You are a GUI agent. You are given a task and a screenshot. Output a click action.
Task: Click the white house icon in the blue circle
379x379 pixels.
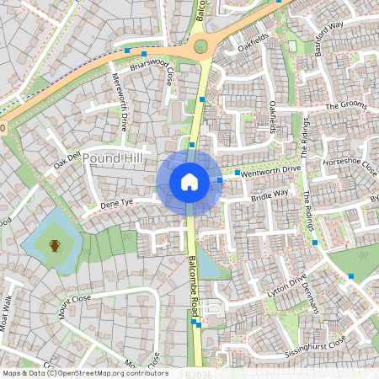click(x=189, y=181)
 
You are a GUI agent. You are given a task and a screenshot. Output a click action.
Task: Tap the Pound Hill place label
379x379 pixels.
click(x=115, y=158)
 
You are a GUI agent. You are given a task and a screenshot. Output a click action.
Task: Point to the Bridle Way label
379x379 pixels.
click(x=270, y=196)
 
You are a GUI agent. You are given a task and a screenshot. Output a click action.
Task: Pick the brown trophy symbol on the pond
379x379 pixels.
click(x=55, y=245)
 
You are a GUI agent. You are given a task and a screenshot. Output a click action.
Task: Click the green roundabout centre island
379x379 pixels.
click(x=200, y=46)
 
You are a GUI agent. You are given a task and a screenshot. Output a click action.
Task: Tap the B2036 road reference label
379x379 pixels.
click(x=195, y=372)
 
